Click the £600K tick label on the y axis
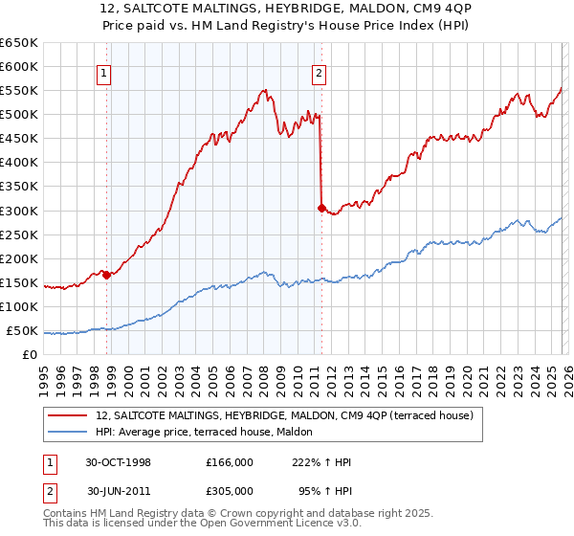[x=19, y=66]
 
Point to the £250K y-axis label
[x=19, y=234]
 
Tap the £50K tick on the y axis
[x=22, y=331]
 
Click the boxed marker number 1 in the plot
[x=103, y=71]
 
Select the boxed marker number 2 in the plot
[x=319, y=71]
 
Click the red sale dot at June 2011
[x=321, y=207]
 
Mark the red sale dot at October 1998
[x=107, y=274]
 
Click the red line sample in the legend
[x=69, y=415]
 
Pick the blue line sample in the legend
[x=69, y=432]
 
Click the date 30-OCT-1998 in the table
[x=119, y=462]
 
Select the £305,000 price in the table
[x=230, y=490]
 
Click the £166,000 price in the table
[x=230, y=462]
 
